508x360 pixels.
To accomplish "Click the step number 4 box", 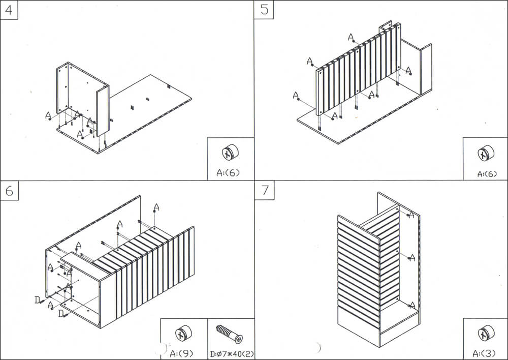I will click(x=9, y=10).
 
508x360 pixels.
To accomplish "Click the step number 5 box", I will click(x=264, y=10).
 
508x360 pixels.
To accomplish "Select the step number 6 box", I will click(x=9, y=191).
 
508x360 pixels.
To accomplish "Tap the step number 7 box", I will click(x=264, y=191).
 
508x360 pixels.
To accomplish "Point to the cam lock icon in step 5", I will click(x=485, y=154).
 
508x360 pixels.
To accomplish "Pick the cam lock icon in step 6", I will click(x=183, y=334).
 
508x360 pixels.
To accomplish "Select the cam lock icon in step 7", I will click(x=485, y=334).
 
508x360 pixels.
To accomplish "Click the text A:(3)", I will click(x=485, y=353).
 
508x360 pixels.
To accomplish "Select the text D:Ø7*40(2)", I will click(x=231, y=353).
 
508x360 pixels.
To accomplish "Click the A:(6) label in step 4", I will click(x=228, y=172).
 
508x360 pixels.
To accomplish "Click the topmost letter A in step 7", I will click(x=412, y=216).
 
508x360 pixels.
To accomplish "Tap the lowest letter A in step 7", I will click(x=412, y=305).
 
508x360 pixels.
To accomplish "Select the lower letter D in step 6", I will click(x=61, y=314).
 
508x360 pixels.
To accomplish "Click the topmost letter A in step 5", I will click(x=351, y=37).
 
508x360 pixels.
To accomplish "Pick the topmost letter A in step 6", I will click(x=156, y=207).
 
